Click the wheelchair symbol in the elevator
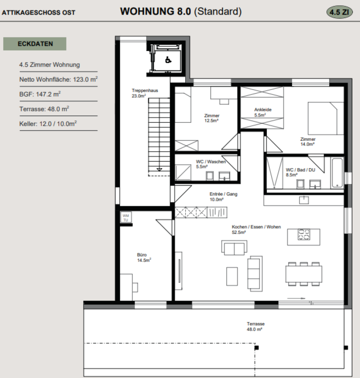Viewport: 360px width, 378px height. point(168,60)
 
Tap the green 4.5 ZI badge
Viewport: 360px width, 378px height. point(340,12)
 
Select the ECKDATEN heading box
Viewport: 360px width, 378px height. point(34,44)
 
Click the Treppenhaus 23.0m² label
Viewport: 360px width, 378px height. point(145,93)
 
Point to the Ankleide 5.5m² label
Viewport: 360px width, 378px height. point(263,112)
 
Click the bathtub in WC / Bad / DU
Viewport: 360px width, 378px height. point(337,172)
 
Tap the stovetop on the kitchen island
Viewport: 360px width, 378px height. point(304,234)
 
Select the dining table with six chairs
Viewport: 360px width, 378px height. point(304,274)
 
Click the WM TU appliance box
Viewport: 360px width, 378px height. point(126,218)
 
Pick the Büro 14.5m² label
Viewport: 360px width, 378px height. point(144,258)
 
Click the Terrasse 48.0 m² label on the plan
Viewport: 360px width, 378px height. point(256,326)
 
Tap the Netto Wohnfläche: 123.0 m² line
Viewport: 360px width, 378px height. point(58,79)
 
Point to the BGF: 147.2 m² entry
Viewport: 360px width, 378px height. point(40,94)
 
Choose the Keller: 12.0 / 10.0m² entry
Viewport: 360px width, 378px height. point(48,124)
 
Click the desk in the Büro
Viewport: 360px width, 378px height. point(126,287)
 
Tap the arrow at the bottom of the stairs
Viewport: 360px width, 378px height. point(159,170)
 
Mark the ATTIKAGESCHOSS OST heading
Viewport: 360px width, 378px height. point(39,13)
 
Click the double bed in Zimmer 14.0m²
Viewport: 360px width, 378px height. point(326,118)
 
